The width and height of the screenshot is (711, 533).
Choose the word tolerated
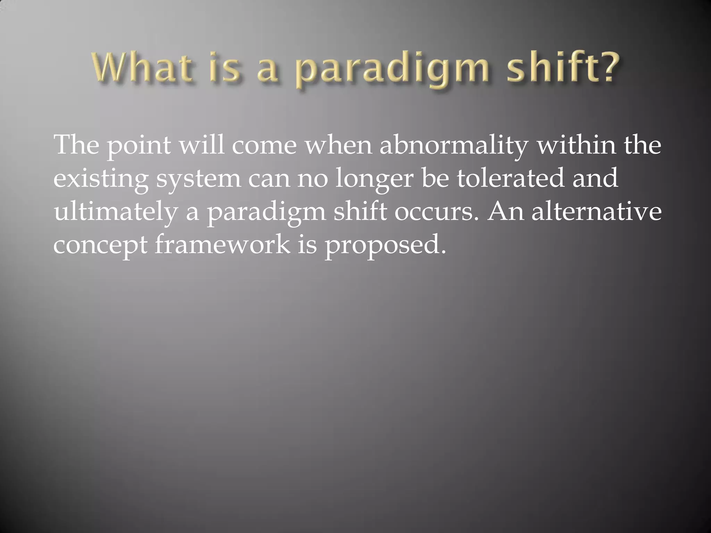pos(510,178)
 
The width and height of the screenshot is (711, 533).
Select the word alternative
pos(596,211)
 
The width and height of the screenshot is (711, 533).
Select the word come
pos(264,146)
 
